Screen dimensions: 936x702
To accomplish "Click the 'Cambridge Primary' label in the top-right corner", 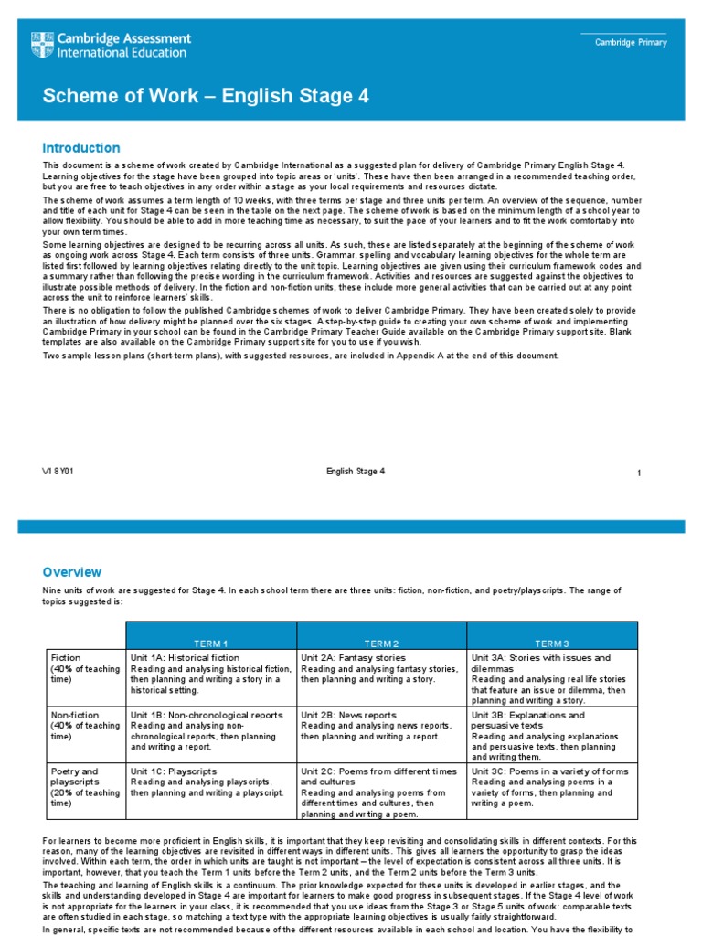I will coord(631,43).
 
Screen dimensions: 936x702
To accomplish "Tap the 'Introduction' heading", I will coord(81,148).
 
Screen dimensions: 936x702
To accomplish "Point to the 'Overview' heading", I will coord(72,572).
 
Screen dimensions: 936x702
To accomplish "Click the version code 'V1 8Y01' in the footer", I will coord(65,472).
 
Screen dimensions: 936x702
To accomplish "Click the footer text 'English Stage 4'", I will coord(356,472).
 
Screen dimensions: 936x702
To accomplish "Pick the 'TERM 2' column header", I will coord(381,643).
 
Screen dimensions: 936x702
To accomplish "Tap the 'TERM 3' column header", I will coord(552,643).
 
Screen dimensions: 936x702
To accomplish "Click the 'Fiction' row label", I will coord(66,657).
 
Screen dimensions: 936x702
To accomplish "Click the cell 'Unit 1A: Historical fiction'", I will coord(186,657).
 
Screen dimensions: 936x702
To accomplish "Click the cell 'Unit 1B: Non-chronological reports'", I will coord(207,715).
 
